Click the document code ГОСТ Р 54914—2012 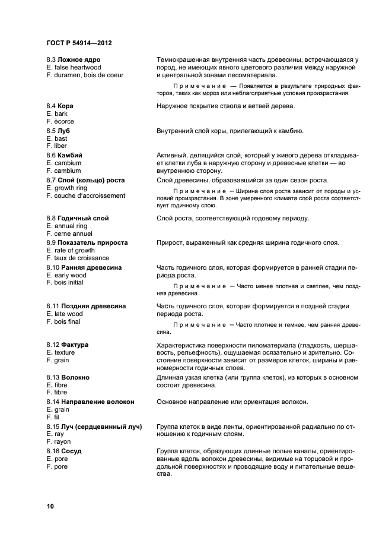[79, 44]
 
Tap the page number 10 [50, 506]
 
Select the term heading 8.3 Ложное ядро [74, 60]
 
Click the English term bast [57, 138]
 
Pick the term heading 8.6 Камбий [64, 155]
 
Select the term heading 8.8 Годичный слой [78, 218]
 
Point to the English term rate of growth [70, 250]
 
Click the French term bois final [64, 321]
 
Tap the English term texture [60, 352]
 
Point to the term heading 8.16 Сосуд [63, 451]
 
